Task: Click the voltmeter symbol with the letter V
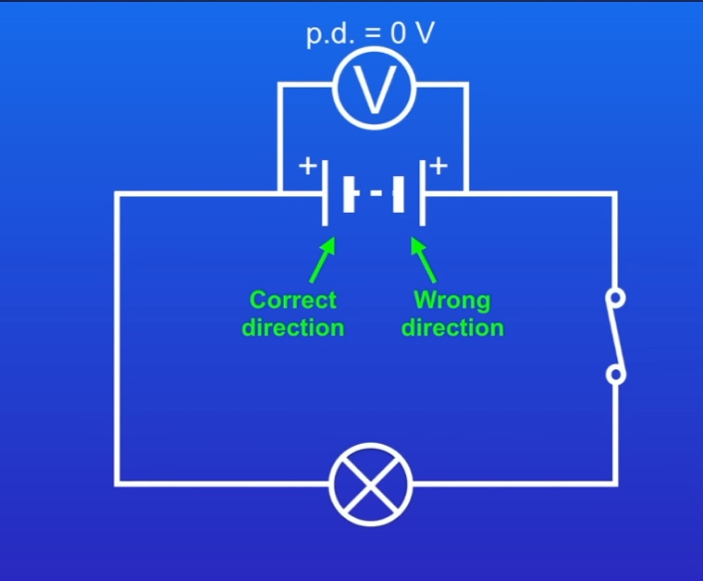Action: [x=374, y=88]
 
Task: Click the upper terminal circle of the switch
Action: [x=616, y=298]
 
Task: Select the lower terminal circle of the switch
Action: [x=616, y=375]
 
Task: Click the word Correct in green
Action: [x=293, y=300]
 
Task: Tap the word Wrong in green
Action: [x=452, y=300]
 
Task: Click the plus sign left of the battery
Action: [x=308, y=166]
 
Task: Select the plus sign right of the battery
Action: [x=438, y=166]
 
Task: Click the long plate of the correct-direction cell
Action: [x=325, y=193]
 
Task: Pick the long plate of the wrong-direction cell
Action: [x=422, y=193]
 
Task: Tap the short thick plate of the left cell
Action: [x=349, y=194]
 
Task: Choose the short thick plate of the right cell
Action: [x=398, y=194]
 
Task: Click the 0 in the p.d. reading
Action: [x=398, y=34]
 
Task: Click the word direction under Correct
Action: [x=293, y=328]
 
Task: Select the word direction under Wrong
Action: [x=452, y=328]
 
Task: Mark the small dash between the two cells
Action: [x=376, y=193]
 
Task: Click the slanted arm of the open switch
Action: [x=616, y=336]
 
